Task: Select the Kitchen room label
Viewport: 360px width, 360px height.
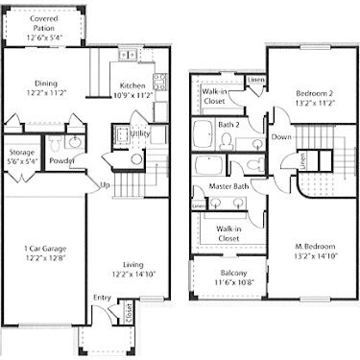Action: pos(132,86)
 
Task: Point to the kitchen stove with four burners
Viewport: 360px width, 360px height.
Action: pos(160,81)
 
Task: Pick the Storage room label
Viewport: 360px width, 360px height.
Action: pos(22,153)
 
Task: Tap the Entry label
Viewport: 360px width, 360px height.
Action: pos(102,299)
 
